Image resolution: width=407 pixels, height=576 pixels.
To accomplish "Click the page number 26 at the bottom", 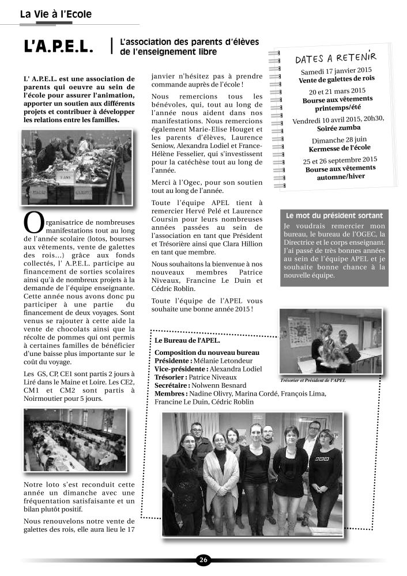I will click(x=203, y=560).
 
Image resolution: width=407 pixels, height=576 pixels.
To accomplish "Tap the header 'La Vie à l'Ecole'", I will click(x=55, y=14).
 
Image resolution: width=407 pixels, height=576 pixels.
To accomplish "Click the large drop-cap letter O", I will click(x=33, y=222).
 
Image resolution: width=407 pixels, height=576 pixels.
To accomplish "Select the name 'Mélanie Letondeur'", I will click(x=226, y=361).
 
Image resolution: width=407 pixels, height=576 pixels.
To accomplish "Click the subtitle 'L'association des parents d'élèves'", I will click(x=189, y=43).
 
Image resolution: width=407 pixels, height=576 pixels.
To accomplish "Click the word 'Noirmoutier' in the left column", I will click(x=45, y=398).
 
